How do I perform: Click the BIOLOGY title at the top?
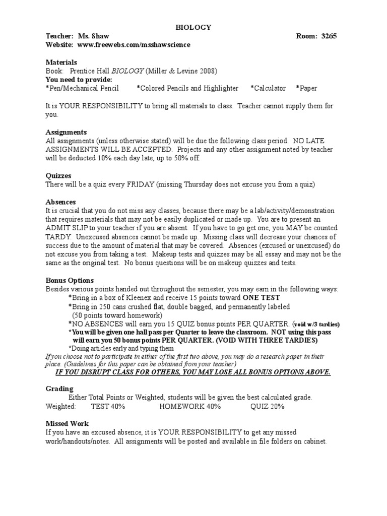click(x=193, y=28)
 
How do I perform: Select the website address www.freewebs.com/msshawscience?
click(x=134, y=45)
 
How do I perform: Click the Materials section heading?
click(x=61, y=62)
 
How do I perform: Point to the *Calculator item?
click(x=268, y=88)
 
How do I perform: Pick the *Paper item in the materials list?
click(x=306, y=88)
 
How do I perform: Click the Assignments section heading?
click(x=66, y=132)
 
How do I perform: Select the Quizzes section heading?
click(x=59, y=176)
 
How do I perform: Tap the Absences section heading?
click(x=61, y=202)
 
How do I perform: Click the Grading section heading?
click(x=59, y=389)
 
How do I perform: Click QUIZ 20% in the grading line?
click(x=268, y=406)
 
